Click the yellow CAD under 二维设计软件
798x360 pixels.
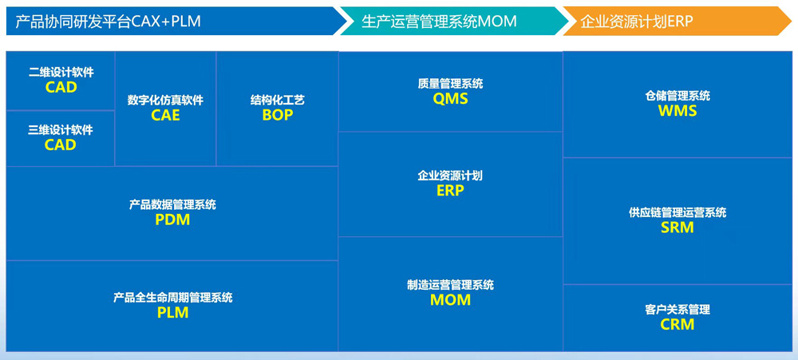[x=61, y=87]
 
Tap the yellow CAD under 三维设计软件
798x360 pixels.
[x=60, y=145]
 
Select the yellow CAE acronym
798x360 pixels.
[x=165, y=116]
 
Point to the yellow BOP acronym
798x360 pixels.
[x=278, y=115]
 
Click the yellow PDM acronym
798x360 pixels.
[x=172, y=220]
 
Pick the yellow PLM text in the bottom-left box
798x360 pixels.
[x=172, y=313]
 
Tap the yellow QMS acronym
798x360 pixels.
[x=450, y=99]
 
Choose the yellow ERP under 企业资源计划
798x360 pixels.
[x=450, y=191]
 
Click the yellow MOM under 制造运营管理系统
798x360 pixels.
[x=450, y=300]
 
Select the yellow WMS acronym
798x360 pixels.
[x=678, y=111]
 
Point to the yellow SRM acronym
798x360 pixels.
[x=678, y=227]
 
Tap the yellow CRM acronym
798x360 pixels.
[x=678, y=324]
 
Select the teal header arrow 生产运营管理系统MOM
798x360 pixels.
[x=454, y=21]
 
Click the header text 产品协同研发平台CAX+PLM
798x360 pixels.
[x=108, y=22]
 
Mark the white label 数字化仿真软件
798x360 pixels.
[x=165, y=101]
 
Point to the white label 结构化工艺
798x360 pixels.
[x=278, y=100]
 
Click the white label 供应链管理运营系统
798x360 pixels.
[x=678, y=212]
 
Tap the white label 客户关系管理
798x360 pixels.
[x=678, y=309]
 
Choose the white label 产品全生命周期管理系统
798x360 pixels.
[x=173, y=298]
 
